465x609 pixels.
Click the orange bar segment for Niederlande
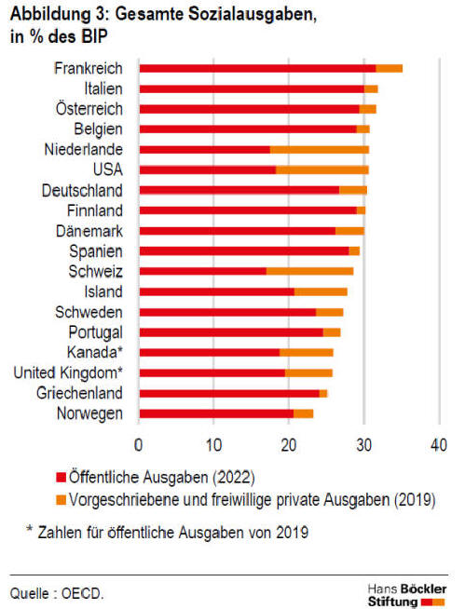tap(320, 150)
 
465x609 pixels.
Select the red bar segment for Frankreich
tap(258, 68)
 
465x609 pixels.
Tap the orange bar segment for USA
tap(322, 169)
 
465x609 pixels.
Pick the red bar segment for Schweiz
tap(203, 271)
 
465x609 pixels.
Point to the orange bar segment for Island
tap(321, 291)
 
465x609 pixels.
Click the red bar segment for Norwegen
tap(216, 413)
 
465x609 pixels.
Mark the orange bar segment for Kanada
tap(307, 352)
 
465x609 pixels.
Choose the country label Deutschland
tap(82, 190)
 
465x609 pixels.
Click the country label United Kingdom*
tap(68, 372)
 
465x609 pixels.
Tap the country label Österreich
tap(89, 109)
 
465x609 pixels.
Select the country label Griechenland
tap(79, 393)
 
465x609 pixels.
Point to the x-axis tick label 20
tap(289, 445)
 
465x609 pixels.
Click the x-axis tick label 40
tap(439, 445)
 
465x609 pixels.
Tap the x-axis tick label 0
tap(139, 445)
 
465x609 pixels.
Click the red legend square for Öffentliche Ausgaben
tap(62, 477)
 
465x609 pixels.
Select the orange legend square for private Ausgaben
tap(62, 500)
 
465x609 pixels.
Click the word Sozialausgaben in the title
tap(253, 15)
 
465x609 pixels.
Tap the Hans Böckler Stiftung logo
tap(407, 595)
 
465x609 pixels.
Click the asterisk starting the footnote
tap(29, 529)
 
